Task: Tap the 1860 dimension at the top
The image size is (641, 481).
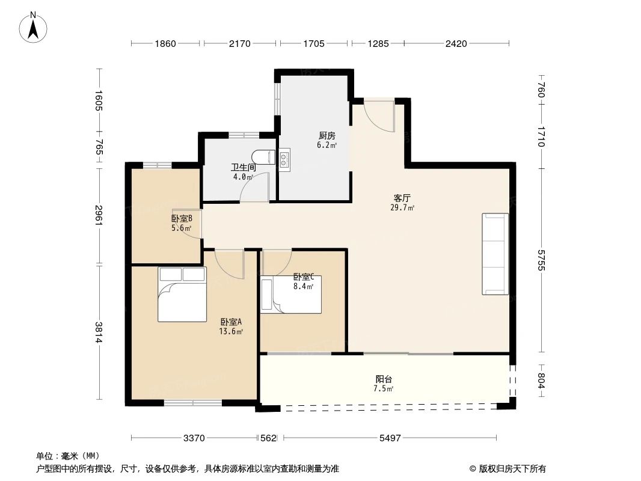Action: coord(165,43)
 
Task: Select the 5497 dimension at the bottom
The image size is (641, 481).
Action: coord(390,438)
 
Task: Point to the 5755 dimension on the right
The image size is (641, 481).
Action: coord(541,259)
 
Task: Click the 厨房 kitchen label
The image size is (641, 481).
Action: coord(327,136)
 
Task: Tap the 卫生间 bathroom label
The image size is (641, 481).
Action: coord(243,168)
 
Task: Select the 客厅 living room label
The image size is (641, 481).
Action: coord(402,198)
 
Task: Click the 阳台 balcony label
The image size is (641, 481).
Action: coord(384,379)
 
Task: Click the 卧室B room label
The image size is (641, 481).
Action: coord(182,219)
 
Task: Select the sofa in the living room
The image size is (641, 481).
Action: coord(495,254)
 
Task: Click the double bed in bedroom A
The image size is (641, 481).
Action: coord(182,295)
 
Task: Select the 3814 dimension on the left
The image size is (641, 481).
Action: coord(99,332)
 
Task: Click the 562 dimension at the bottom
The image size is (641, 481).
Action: coord(268,438)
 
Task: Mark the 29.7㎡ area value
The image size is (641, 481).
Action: coord(402,207)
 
